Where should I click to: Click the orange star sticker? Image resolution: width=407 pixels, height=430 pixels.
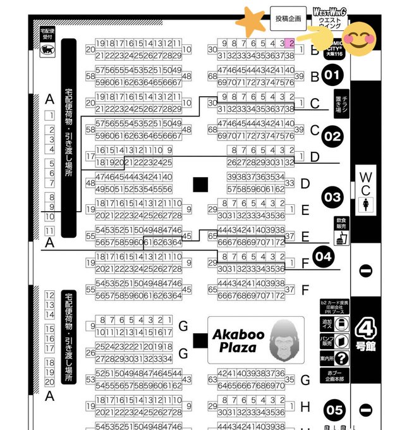250,23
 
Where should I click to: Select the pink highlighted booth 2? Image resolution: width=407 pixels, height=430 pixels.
290,44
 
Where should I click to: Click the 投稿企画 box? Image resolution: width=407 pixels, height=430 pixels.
288,19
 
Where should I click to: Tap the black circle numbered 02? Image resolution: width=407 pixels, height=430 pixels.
332,136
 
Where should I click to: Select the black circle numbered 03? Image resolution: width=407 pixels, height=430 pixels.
332,197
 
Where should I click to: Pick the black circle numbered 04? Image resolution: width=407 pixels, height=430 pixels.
324,257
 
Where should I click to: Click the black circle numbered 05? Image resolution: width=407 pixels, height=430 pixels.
334,410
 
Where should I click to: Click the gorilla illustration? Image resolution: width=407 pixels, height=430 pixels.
281,341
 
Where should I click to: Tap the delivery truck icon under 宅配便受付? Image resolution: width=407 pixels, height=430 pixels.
46,52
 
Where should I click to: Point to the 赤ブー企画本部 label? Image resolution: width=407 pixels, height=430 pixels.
334,377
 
